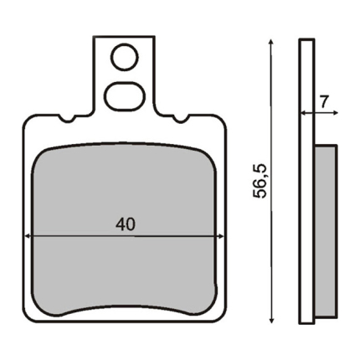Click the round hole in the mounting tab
126,58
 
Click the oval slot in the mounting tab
126,96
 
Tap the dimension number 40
126,224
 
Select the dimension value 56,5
260,182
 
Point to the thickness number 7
324,102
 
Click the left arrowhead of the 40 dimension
27,236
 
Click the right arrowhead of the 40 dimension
220,236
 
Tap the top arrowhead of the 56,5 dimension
270,42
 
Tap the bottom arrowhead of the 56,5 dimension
270,320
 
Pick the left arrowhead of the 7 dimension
303,113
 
